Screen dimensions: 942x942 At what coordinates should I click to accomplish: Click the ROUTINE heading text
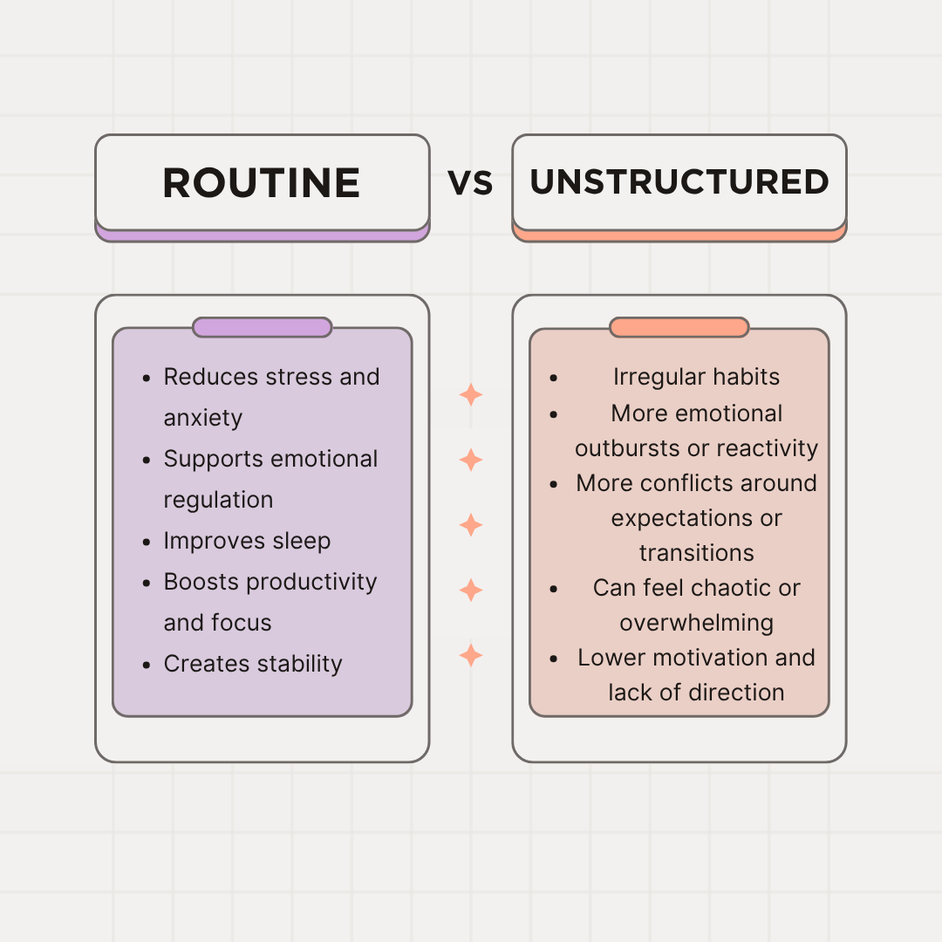[x=262, y=182]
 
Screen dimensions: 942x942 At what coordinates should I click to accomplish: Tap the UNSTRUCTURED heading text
[x=679, y=182]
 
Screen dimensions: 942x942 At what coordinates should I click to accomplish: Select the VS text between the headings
[x=470, y=183]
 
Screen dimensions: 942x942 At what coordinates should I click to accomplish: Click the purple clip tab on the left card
[x=262, y=327]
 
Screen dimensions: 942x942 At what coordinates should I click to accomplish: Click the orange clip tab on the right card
[x=679, y=327]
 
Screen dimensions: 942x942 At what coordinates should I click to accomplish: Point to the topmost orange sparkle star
[x=471, y=395]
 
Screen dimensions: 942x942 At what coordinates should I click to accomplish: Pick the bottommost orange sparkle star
[x=471, y=655]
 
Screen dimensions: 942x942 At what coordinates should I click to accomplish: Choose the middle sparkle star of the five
[x=471, y=524]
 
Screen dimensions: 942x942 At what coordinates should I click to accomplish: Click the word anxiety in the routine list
[x=203, y=418]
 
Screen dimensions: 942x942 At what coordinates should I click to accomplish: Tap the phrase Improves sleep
[x=247, y=541]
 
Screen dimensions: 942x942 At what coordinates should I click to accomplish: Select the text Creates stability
[x=253, y=664]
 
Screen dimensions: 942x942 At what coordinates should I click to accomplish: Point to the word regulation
[x=218, y=501]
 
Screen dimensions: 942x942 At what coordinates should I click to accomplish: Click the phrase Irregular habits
[x=696, y=377]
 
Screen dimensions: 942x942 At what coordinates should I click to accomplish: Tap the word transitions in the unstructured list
[x=696, y=553]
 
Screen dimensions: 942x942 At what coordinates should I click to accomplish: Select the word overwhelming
[x=696, y=623]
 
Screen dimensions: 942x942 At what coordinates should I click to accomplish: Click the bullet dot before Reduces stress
[x=147, y=378]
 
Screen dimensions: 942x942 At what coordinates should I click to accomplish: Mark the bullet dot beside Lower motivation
[x=554, y=659]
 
